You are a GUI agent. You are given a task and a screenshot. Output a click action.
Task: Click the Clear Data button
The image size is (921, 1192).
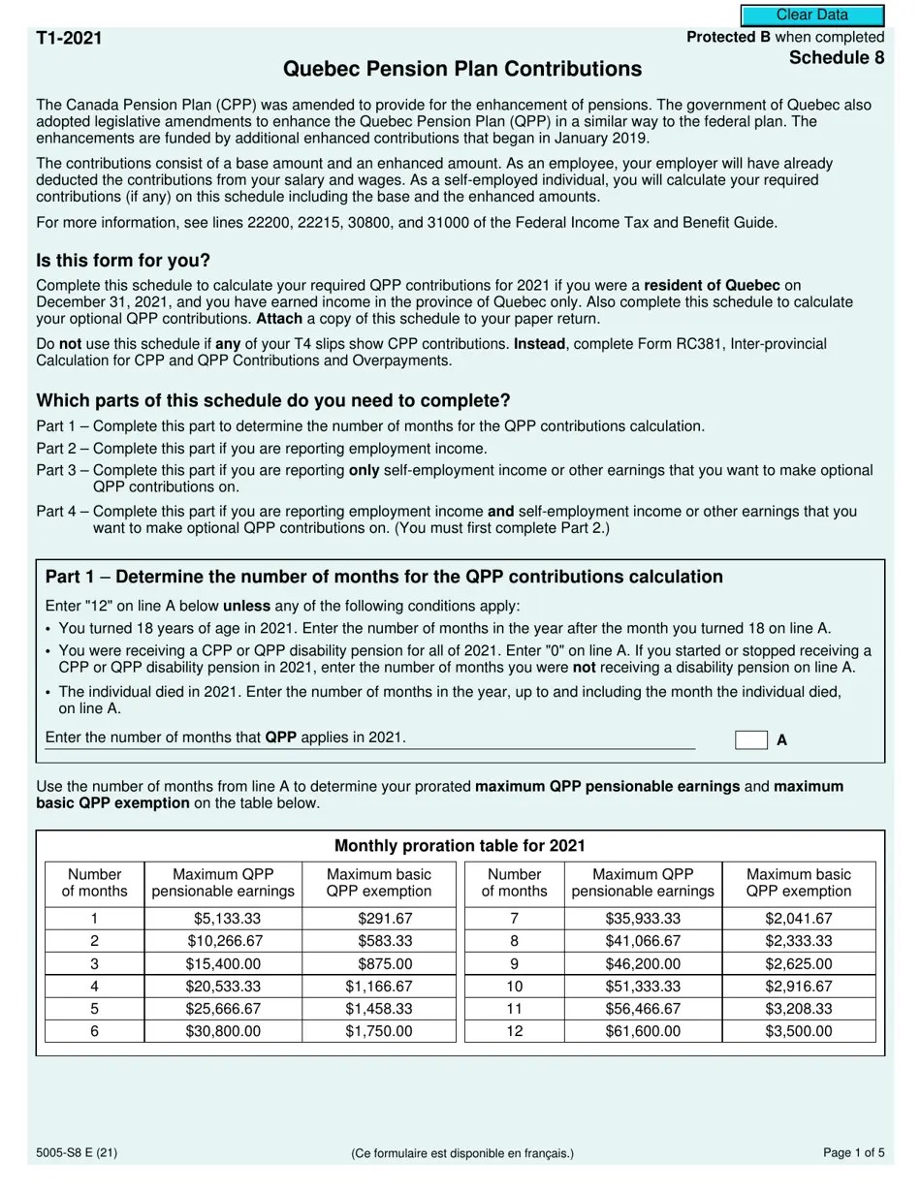(812, 16)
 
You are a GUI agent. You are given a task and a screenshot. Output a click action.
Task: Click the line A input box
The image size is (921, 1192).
(750, 740)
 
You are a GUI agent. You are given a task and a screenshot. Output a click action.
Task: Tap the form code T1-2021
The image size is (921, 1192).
(69, 39)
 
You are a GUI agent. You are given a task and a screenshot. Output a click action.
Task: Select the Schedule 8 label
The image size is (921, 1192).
(836, 58)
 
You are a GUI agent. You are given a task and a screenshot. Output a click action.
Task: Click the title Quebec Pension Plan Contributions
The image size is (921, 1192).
(461, 70)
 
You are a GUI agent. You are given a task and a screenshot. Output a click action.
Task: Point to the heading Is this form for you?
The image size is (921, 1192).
(123, 262)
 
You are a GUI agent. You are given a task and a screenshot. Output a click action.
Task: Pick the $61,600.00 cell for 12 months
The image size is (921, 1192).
(643, 1031)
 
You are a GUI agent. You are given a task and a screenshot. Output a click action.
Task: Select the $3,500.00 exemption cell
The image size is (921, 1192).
(798, 1031)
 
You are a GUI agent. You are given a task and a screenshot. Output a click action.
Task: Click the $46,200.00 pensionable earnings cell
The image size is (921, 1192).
(643, 964)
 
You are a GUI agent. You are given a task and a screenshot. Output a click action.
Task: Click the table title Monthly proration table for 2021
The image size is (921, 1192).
(460, 846)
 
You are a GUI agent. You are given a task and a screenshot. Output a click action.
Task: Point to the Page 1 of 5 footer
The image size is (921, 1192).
(853, 1153)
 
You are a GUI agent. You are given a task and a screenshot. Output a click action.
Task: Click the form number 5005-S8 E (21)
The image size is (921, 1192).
(78, 1153)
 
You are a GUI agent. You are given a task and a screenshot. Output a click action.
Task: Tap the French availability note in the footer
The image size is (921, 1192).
(461, 1153)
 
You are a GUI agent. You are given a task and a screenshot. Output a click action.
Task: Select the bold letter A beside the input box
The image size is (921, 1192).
(782, 740)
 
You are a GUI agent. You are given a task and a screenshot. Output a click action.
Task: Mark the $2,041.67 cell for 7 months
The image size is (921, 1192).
(798, 919)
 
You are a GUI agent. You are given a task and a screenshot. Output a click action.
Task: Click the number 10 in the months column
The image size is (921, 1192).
(514, 987)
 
